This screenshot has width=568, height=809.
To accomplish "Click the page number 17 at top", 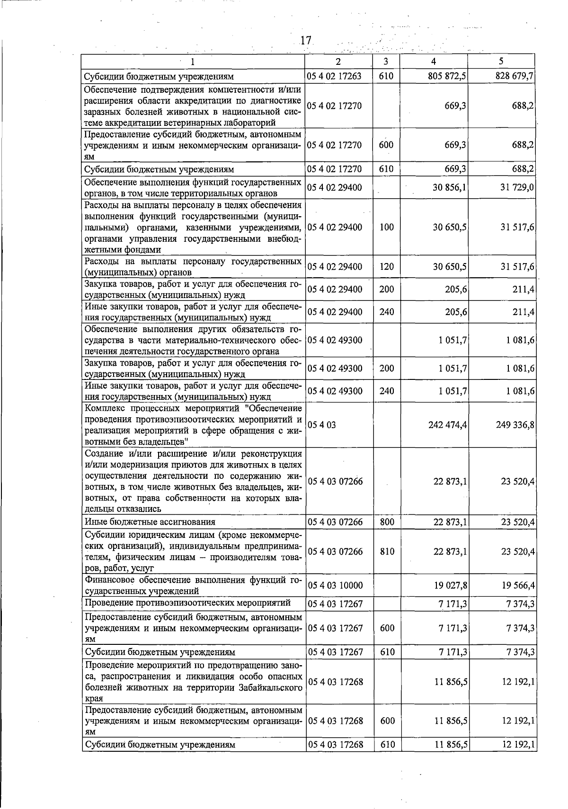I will click(x=306, y=41).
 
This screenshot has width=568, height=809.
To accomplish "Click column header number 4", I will click(x=434, y=61).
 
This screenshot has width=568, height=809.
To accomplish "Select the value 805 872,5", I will click(x=447, y=76).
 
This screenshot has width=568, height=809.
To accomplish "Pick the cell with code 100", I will click(x=386, y=227).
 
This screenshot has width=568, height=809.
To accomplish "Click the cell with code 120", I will click(x=386, y=267).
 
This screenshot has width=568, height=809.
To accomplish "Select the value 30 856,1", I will click(x=450, y=187).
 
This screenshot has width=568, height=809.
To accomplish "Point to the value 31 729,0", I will click(x=517, y=187).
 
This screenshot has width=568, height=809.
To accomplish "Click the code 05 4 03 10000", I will click(x=335, y=586).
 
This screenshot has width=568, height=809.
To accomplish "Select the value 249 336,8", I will click(x=515, y=425).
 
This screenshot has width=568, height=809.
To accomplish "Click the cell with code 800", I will click(x=387, y=522).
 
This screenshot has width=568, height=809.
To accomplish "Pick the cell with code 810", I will click(x=387, y=552).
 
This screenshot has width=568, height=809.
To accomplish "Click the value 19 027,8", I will click(x=451, y=586).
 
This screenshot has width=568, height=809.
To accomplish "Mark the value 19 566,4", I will click(x=518, y=586).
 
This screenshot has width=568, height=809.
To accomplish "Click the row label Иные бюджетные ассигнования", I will click(x=150, y=522).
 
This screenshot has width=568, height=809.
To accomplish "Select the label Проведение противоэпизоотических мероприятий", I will click(x=187, y=603).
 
